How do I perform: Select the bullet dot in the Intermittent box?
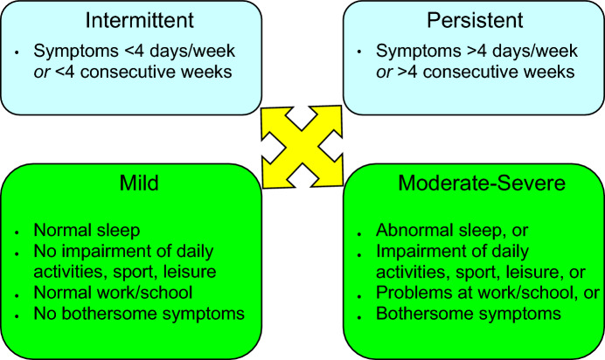pos(17,53)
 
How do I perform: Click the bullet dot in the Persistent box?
pos(359,53)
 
